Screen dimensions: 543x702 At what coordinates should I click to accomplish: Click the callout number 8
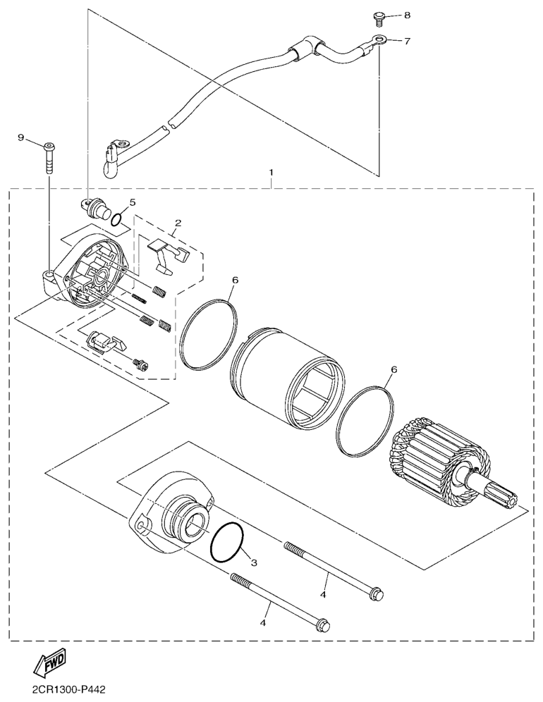(407, 16)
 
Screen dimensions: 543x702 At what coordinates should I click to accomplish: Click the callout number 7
(407, 42)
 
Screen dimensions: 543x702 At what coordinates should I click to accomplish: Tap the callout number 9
(20, 138)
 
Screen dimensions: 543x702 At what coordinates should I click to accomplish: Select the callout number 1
(271, 173)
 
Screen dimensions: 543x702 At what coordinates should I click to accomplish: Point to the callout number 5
(133, 202)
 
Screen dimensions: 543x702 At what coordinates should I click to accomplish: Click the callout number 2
(178, 223)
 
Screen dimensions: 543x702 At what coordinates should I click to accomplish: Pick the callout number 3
(254, 562)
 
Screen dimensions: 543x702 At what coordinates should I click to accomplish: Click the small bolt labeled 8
(378, 19)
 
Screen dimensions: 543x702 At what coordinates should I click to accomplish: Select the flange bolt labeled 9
(49, 158)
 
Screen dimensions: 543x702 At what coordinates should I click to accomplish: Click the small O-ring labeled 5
(116, 219)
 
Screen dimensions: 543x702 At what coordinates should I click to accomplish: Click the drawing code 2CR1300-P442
(68, 690)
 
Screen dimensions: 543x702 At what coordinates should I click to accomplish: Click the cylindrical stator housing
(287, 377)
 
